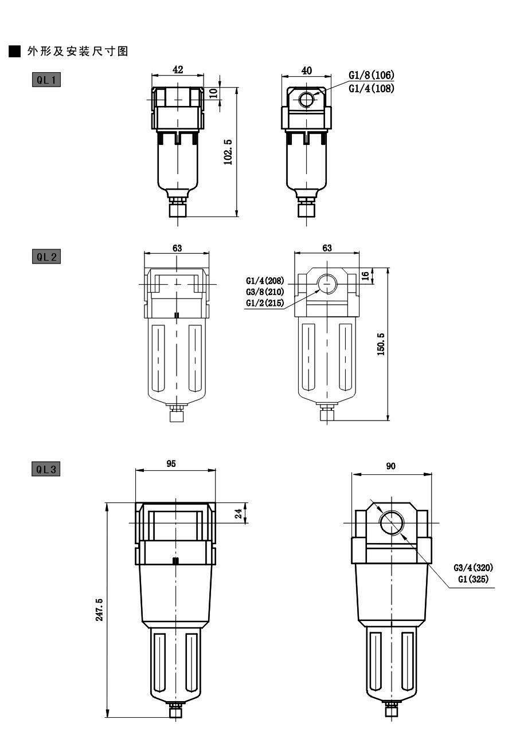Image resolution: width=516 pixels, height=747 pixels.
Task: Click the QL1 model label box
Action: point(46,80)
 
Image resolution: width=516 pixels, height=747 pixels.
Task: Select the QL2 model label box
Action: point(46,257)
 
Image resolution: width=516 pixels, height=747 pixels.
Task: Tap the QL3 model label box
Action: point(46,470)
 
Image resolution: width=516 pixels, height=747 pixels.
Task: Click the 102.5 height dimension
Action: point(228,152)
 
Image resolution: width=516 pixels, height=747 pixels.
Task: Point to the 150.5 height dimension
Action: point(381,344)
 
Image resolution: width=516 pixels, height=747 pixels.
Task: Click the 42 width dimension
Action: point(178,69)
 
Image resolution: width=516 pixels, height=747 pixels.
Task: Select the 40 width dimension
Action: point(306,70)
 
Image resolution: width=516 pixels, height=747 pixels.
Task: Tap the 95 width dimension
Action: point(171,463)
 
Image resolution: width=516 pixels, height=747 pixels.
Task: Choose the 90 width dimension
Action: point(390,466)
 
